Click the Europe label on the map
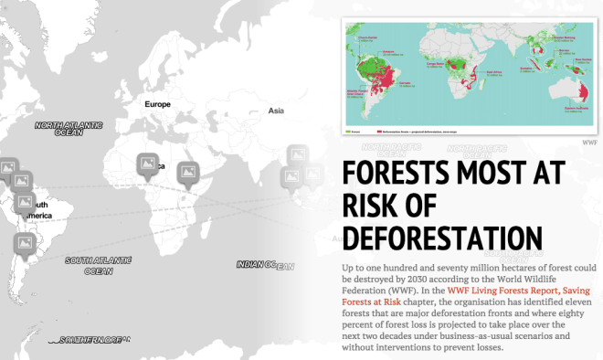157,104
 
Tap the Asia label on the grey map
276,111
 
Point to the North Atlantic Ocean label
69,129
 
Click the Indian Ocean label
265,265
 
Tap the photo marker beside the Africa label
148,164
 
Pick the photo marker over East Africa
189,172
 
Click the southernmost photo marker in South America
24,244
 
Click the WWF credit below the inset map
590,142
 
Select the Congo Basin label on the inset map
457,63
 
